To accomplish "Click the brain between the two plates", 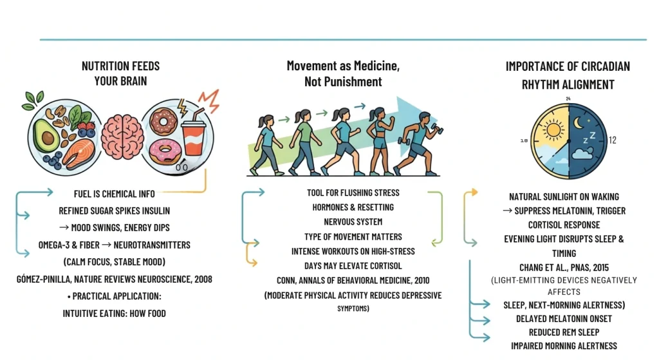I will (x=121, y=135).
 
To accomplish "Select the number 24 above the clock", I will (x=568, y=99).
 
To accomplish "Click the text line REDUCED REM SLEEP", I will (x=564, y=332).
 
